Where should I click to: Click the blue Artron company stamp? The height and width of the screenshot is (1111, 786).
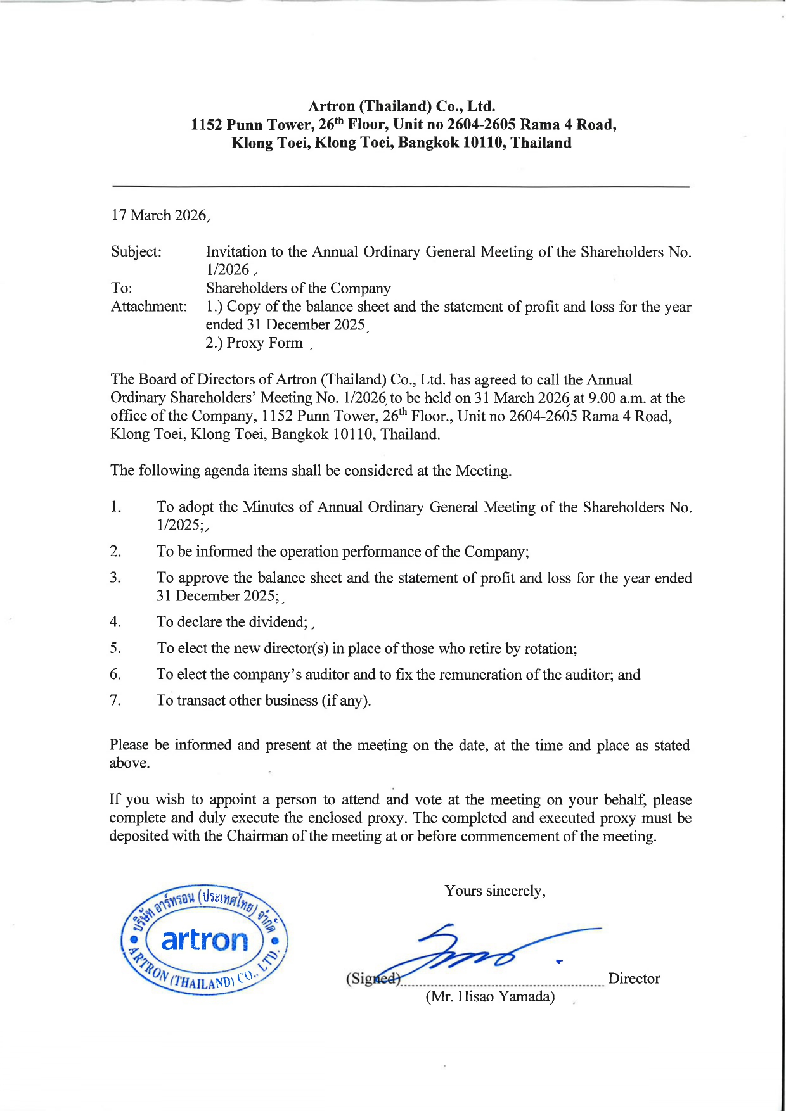[204, 940]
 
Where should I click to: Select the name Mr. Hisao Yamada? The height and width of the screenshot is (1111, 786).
[490, 997]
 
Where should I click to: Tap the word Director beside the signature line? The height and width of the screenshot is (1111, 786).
[634, 979]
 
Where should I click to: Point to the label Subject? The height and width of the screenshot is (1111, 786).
[136, 252]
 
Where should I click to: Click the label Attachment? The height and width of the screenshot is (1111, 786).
[149, 307]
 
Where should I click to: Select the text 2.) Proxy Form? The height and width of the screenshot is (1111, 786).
[254, 343]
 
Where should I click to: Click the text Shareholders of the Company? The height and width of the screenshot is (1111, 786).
[298, 289]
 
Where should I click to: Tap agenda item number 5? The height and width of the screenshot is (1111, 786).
[115, 648]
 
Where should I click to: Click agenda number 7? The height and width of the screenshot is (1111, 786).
[115, 700]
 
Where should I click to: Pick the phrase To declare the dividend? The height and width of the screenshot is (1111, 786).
[232, 622]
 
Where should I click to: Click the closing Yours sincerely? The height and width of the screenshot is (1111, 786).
[495, 891]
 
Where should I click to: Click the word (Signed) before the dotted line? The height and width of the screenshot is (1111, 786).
[373, 979]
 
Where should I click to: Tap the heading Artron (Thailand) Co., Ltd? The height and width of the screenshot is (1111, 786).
[401, 106]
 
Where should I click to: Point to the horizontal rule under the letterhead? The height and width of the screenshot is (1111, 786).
[400, 187]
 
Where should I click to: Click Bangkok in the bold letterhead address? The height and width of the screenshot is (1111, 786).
[428, 143]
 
